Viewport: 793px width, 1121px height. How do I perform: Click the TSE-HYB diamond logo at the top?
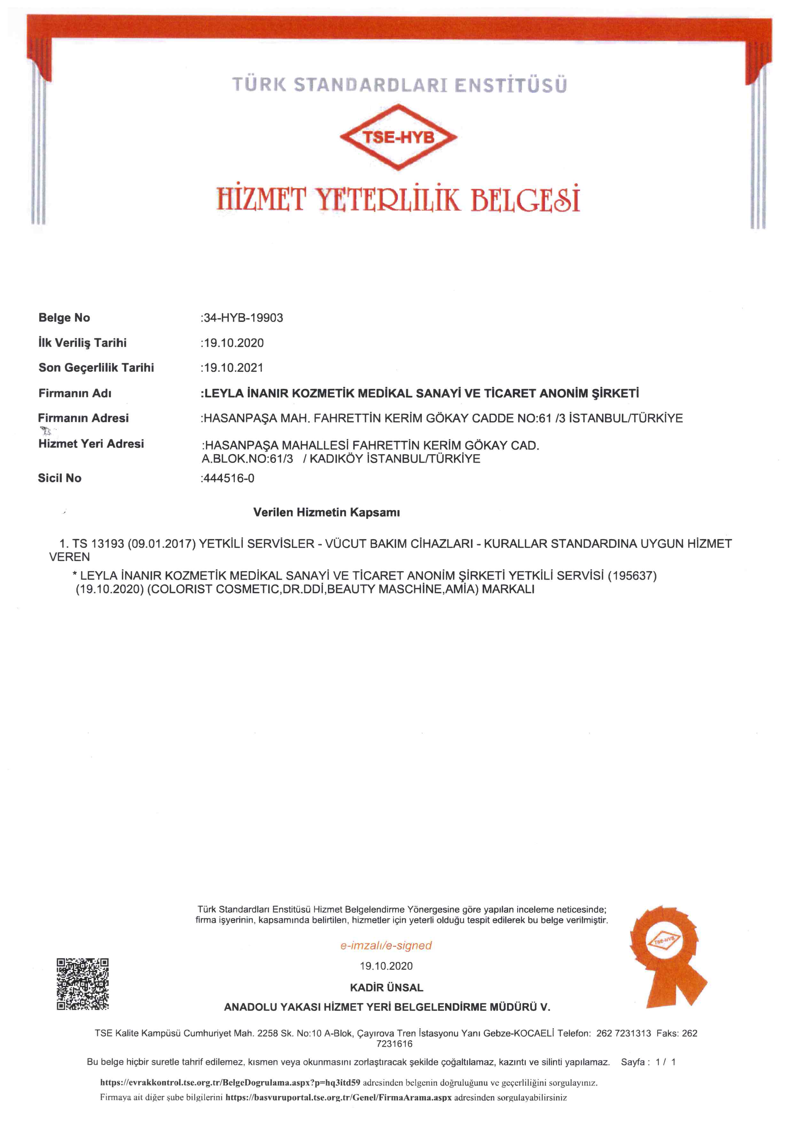398,137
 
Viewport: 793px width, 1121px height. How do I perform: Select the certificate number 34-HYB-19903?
243,318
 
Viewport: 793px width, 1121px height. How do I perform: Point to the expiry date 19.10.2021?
233,368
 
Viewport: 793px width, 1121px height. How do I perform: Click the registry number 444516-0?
229,478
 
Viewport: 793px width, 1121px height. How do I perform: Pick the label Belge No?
64,318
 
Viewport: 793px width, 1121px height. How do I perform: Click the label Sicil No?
59,478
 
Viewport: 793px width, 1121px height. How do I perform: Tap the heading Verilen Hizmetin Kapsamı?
326,512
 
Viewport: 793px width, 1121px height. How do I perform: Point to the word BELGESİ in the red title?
524,199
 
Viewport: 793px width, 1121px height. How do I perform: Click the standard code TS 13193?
98,543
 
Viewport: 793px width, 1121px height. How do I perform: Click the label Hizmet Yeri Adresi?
91,444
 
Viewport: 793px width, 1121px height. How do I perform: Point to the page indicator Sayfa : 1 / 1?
648,1062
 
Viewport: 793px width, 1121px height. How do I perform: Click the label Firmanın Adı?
75,393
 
